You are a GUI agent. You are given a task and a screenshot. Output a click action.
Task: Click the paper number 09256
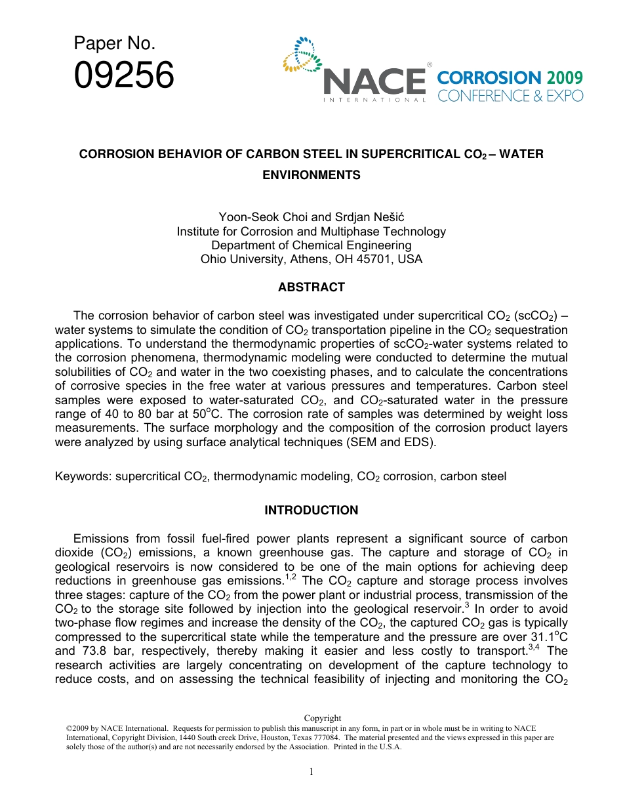(124, 75)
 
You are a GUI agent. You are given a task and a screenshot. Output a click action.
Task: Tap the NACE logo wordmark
(374, 81)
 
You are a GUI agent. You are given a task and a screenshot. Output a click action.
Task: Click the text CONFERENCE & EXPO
(510, 96)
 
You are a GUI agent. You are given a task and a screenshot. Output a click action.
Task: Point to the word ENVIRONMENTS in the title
(311, 175)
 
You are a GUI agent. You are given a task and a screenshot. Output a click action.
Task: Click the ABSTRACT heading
(311, 287)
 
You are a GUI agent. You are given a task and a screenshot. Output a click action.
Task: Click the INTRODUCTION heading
(311, 510)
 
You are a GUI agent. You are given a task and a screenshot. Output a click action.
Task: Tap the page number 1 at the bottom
(311, 772)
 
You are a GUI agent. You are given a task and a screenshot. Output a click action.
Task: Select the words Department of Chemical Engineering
(311, 245)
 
